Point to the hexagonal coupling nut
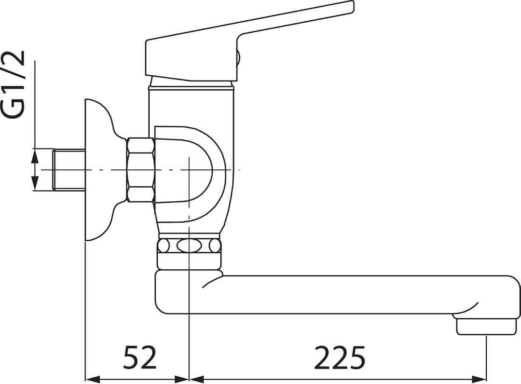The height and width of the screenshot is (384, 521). (140, 170)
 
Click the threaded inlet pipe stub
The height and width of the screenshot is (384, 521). (69, 170)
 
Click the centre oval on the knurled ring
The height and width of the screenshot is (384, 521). (189, 246)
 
